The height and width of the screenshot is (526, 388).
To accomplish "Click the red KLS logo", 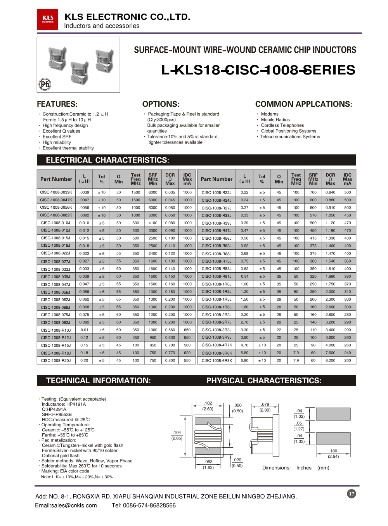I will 48,19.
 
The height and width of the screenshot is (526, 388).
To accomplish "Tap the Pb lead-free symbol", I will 45,84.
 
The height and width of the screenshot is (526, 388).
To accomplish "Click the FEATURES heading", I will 57,104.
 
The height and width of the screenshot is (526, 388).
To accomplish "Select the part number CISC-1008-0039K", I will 56,192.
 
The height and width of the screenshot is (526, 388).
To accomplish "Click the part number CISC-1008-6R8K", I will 217,361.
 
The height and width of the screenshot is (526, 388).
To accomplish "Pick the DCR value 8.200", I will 330,360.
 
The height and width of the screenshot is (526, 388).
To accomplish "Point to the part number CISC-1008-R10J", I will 56,330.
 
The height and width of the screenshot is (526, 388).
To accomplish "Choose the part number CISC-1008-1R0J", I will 217,284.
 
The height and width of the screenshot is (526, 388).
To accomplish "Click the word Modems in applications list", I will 270,114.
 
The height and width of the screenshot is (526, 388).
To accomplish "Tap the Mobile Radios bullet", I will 275,120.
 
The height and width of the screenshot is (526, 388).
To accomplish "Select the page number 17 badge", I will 351,493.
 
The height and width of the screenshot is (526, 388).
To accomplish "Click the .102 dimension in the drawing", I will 208,403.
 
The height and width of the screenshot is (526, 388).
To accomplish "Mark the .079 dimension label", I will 265,405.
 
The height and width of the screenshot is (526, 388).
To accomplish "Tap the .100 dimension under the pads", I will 333,451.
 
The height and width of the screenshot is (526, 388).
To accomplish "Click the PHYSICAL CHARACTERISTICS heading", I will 264,381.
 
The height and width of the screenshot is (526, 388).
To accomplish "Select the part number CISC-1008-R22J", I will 217,192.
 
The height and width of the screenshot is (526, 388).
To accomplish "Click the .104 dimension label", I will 177,433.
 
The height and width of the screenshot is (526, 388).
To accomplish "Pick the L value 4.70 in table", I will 244,345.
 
